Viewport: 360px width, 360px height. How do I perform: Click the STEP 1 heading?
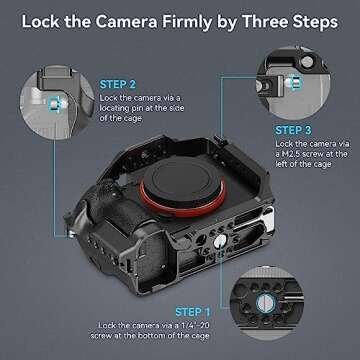(193, 312)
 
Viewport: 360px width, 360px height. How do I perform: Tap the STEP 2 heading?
(118, 85)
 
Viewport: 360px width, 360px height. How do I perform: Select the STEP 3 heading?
(293, 130)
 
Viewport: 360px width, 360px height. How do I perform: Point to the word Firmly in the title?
(191, 23)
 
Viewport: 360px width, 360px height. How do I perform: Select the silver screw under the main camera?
(219, 241)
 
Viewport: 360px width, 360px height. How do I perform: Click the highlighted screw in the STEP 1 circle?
(266, 303)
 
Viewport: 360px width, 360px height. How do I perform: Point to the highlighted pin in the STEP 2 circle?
(54, 104)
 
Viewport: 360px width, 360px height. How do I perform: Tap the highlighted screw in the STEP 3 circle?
(295, 83)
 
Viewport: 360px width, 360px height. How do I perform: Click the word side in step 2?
(175, 108)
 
